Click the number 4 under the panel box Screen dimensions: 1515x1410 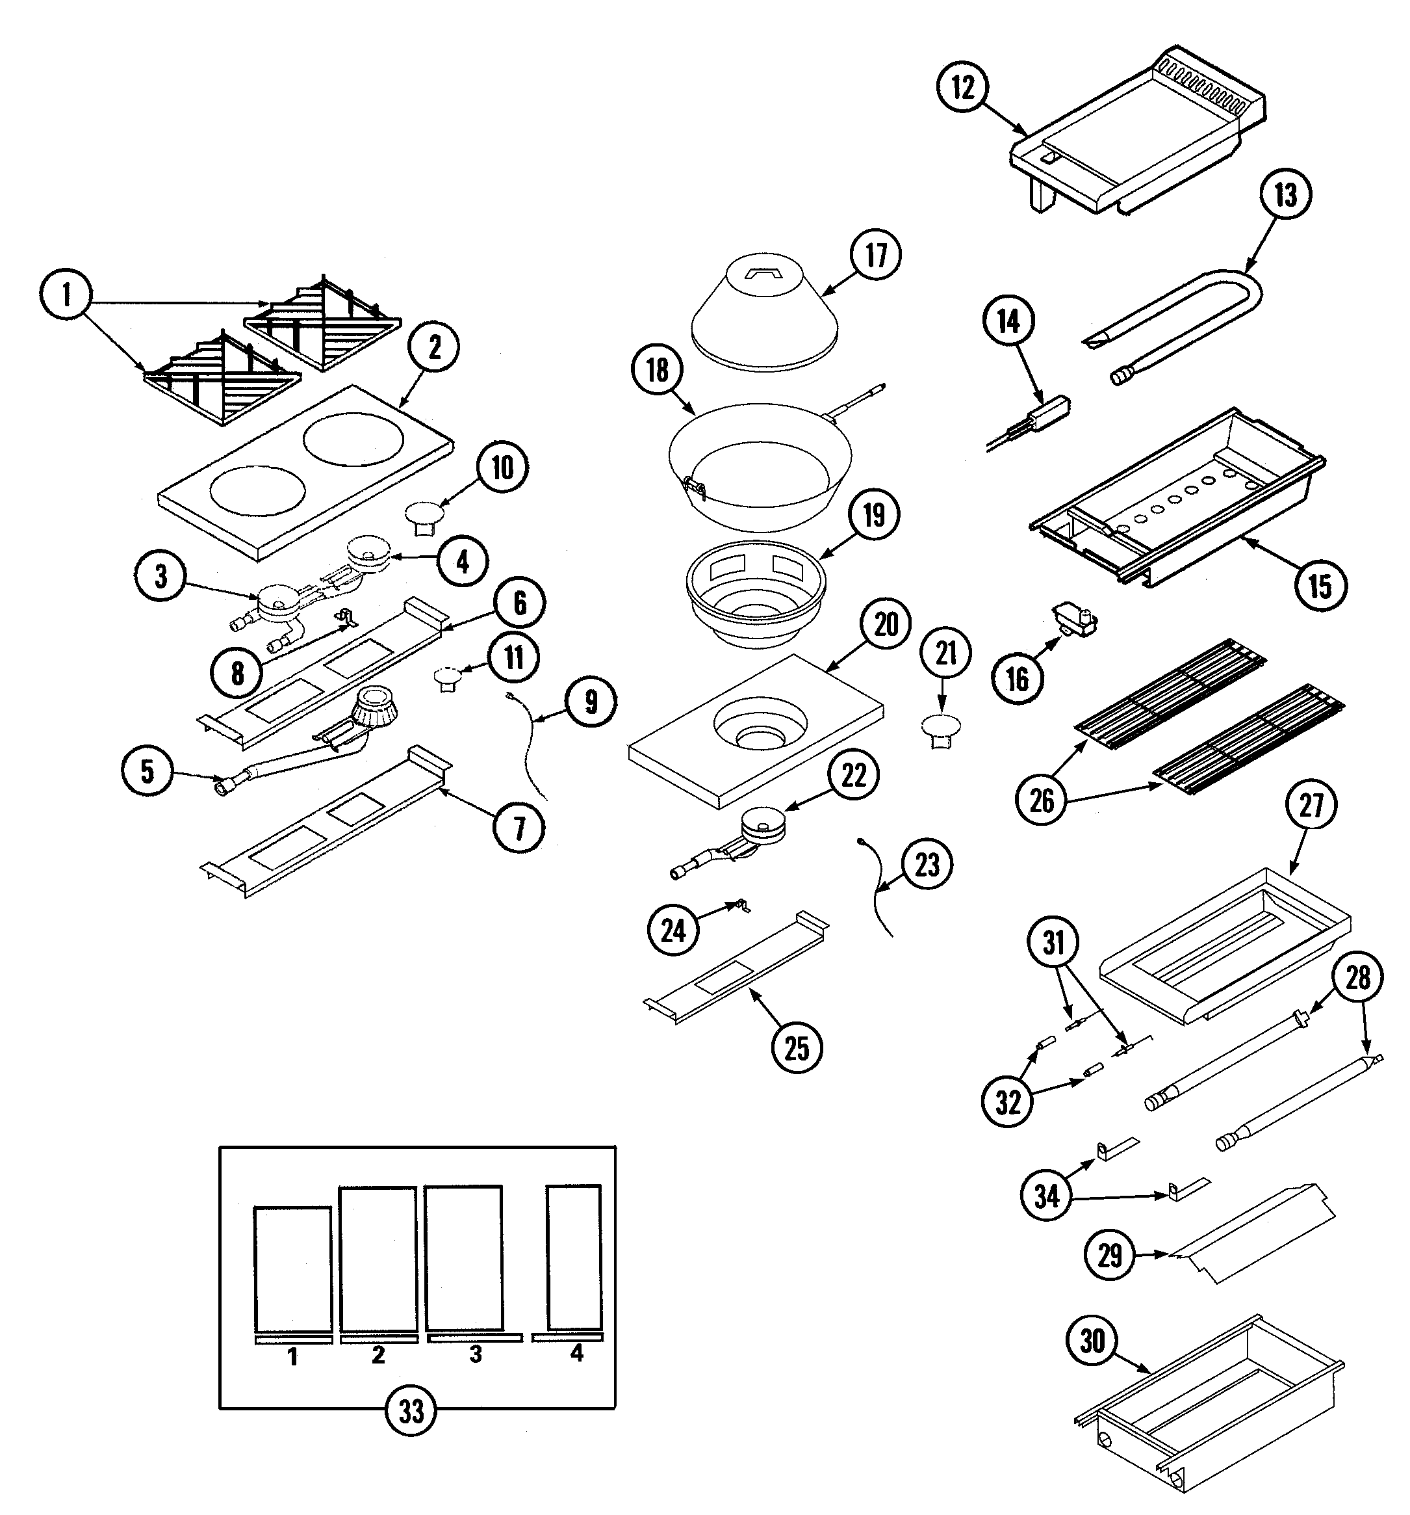tap(576, 1352)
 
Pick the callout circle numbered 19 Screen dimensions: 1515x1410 tap(874, 514)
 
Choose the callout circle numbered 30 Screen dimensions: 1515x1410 tap(1092, 1341)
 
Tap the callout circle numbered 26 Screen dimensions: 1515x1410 tap(1042, 800)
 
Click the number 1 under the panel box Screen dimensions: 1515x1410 tap(292, 1356)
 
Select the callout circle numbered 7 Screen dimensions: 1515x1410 tap(519, 828)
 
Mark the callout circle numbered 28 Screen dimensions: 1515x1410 tap(1357, 977)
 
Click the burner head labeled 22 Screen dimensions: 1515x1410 tap(763, 824)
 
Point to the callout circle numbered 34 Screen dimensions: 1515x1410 tap(1046, 1196)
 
